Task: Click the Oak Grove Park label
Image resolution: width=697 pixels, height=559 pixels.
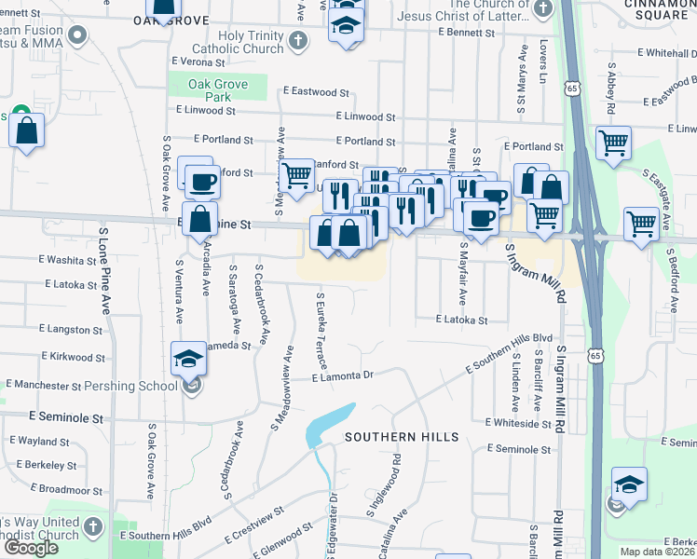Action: tap(219, 90)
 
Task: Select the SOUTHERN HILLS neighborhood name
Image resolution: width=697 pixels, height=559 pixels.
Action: tap(402, 437)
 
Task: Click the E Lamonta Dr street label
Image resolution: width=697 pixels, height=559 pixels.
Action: tap(343, 376)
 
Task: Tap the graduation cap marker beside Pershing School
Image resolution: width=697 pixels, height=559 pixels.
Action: tap(189, 360)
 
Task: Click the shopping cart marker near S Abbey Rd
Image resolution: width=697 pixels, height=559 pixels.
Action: tap(613, 144)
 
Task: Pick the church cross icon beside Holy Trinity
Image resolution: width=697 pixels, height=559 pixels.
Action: tap(297, 40)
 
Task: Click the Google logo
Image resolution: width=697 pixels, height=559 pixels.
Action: tap(31, 548)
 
